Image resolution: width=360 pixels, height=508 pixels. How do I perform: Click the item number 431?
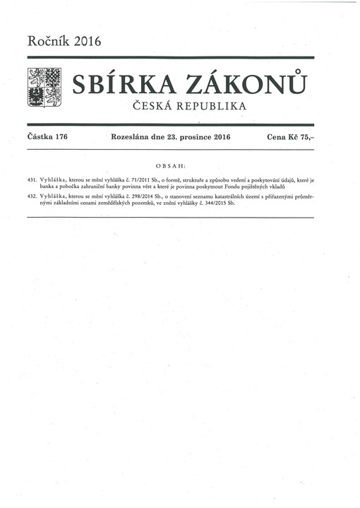(x=30, y=180)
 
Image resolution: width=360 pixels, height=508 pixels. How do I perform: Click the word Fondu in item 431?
(x=245, y=187)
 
